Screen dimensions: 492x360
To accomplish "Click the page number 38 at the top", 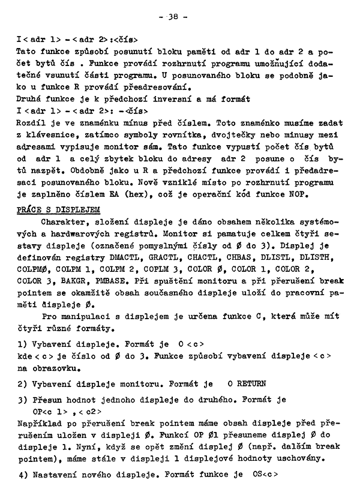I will (x=180, y=17).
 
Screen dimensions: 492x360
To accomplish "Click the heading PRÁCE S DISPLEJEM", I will (x=58, y=209).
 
